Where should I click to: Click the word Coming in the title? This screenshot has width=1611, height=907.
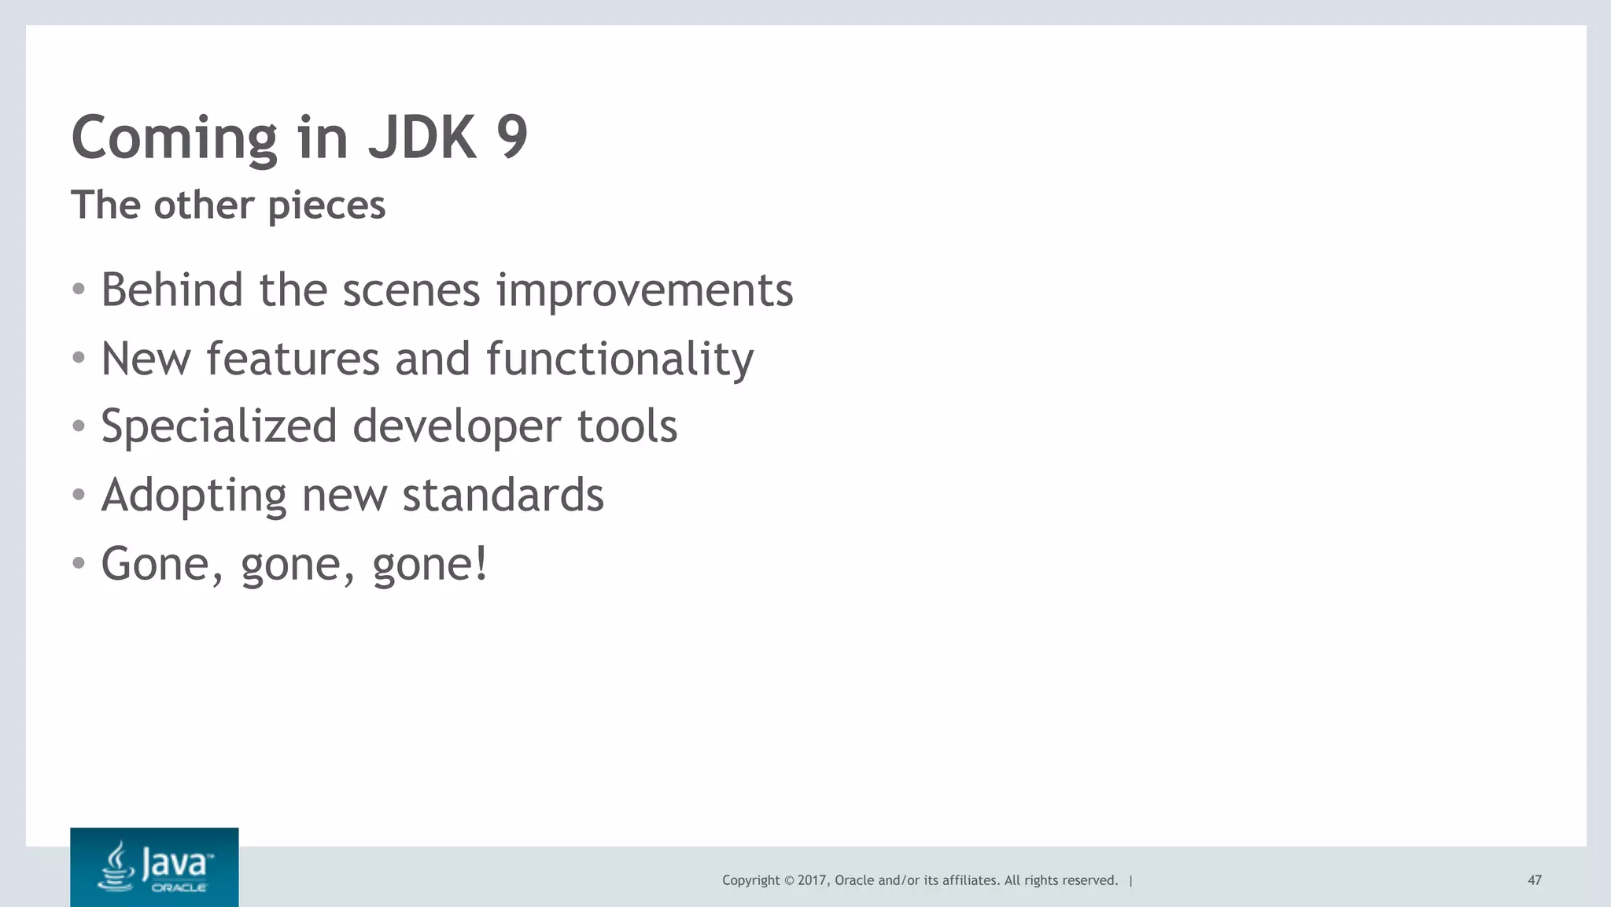point(174,138)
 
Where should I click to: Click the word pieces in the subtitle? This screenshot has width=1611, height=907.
point(326,206)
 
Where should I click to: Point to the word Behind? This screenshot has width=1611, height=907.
point(171,289)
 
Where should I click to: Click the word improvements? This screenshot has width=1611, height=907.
point(644,291)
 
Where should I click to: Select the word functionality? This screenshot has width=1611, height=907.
point(619,359)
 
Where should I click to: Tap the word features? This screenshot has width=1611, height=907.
point(293,359)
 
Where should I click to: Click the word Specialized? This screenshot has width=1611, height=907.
point(219,427)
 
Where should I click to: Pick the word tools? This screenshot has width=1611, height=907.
point(627,426)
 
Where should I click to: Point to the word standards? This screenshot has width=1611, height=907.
point(503,495)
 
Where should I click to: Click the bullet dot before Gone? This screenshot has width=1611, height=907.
point(78,563)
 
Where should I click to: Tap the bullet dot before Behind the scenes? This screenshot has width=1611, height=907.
point(78,289)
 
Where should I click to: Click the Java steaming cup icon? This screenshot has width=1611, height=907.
point(117,866)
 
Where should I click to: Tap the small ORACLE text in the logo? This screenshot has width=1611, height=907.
point(179,888)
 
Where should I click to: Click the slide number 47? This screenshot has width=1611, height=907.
point(1534,880)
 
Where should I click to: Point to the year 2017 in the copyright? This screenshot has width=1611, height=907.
point(812,880)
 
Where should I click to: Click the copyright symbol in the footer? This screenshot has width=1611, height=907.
point(788,880)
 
